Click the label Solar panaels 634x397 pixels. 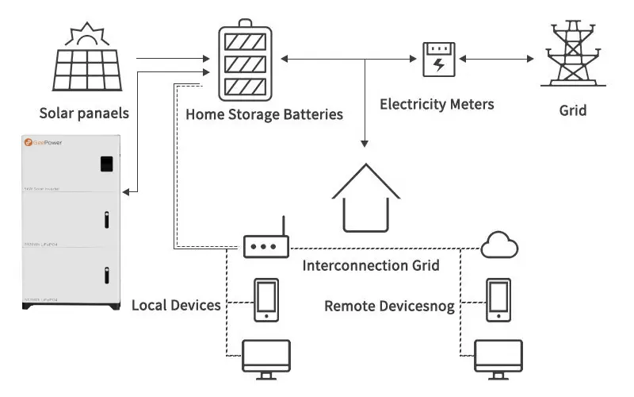click(x=84, y=114)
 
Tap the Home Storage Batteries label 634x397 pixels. click(x=264, y=114)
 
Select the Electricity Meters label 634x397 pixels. click(x=437, y=104)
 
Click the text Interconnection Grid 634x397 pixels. click(x=371, y=265)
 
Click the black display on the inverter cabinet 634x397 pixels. click(x=105, y=164)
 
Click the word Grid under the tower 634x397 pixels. click(x=573, y=110)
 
